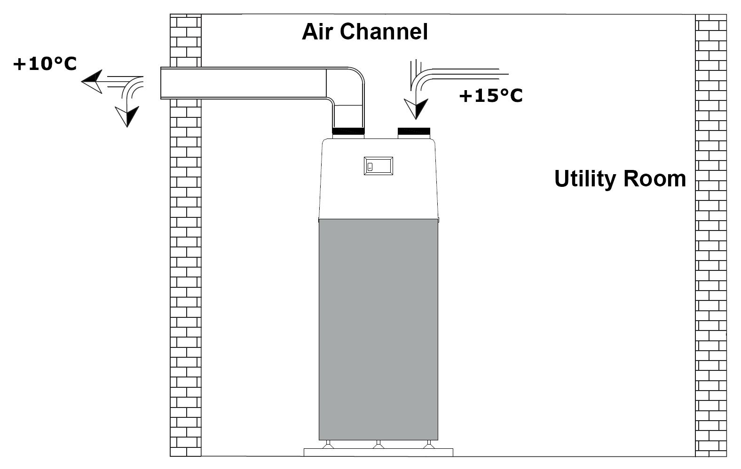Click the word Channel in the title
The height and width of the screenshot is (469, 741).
pyautogui.click(x=384, y=32)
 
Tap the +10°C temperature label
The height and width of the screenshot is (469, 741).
pyautogui.click(x=45, y=64)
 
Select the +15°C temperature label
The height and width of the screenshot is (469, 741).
pyautogui.click(x=491, y=96)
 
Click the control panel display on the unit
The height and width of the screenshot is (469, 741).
pyautogui.click(x=378, y=166)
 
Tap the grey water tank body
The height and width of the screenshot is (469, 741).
pyautogui.click(x=378, y=329)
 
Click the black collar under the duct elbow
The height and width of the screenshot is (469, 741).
pyautogui.click(x=348, y=131)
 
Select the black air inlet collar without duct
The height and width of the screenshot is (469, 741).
pyautogui.click(x=414, y=131)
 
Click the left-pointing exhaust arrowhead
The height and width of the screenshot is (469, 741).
pyautogui.click(x=92, y=82)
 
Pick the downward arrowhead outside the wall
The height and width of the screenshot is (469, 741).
pyautogui.click(x=127, y=116)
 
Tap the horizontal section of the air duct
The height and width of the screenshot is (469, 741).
pyautogui.click(x=244, y=83)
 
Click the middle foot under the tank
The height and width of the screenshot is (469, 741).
pyautogui.click(x=378, y=444)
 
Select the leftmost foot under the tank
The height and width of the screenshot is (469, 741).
pyautogui.click(x=328, y=444)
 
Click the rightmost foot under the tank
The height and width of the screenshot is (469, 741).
pyautogui.click(x=429, y=444)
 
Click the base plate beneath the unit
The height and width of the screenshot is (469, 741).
pyautogui.click(x=378, y=453)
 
